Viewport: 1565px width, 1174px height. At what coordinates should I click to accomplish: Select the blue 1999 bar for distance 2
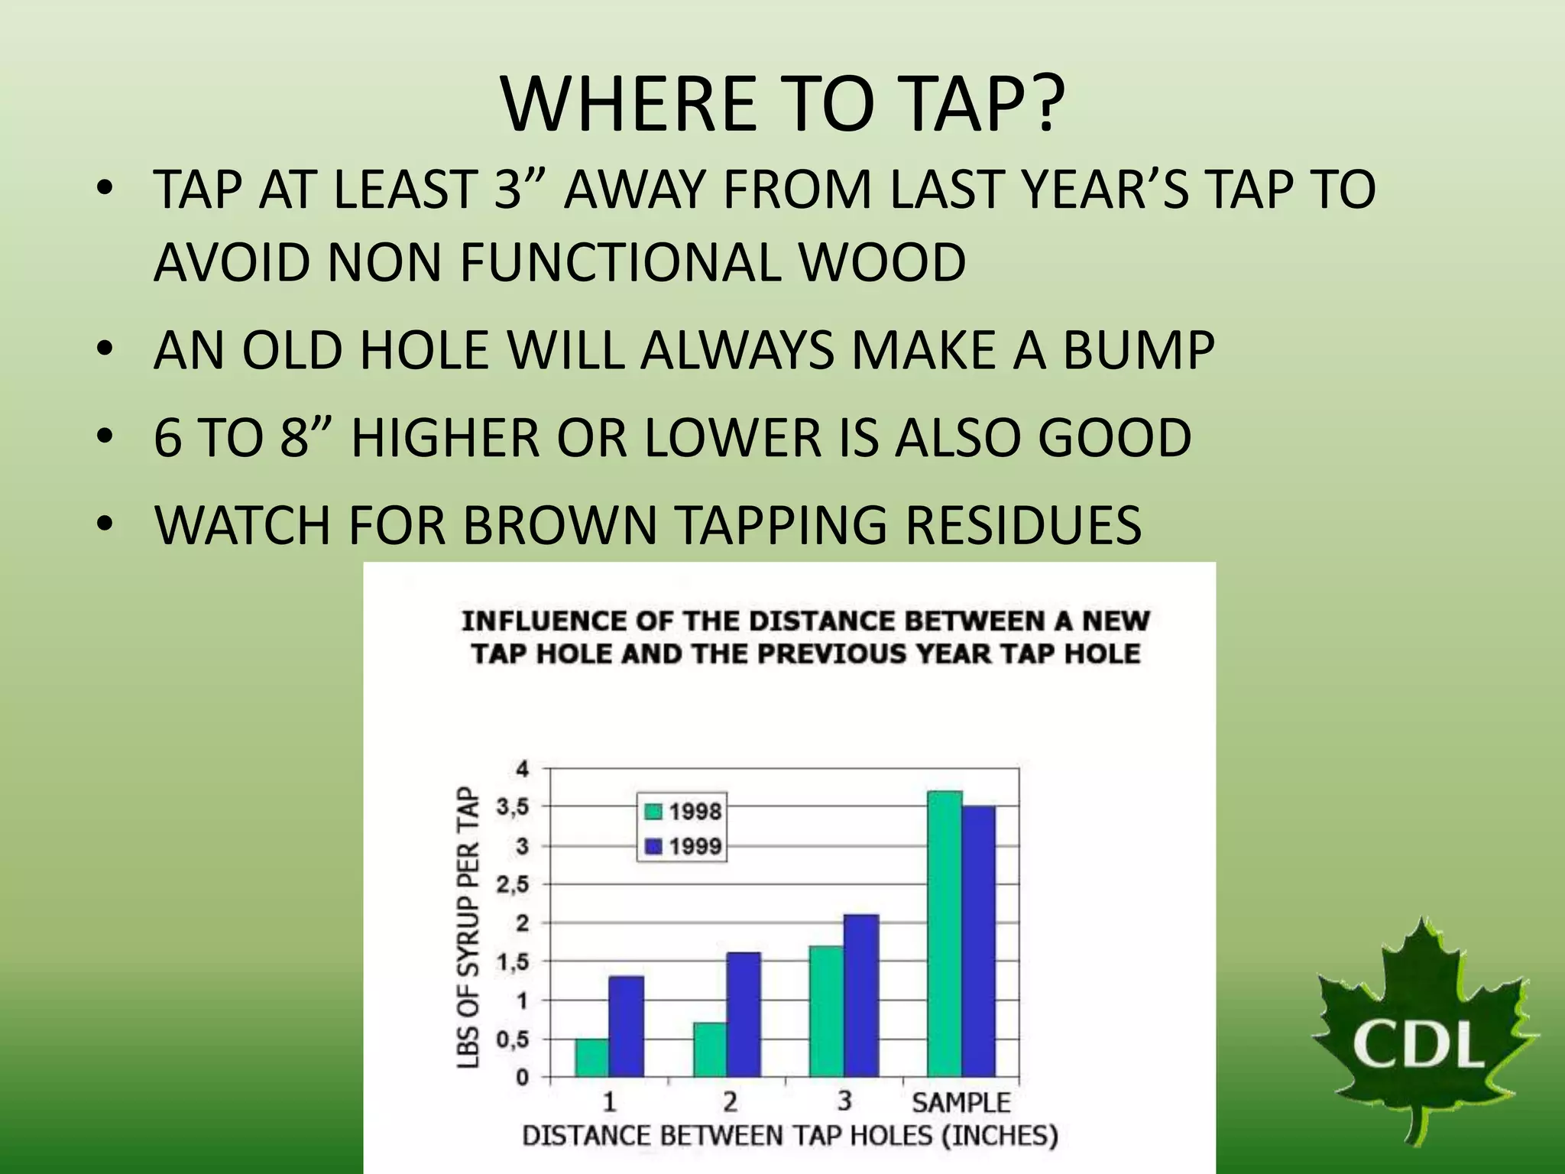[743, 1014]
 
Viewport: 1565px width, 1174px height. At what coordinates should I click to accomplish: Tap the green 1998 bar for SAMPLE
[945, 933]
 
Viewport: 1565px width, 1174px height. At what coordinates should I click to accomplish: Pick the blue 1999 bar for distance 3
[861, 995]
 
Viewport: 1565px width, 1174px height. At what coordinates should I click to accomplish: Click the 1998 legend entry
[683, 812]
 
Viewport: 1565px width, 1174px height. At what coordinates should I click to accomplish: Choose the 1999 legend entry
[683, 846]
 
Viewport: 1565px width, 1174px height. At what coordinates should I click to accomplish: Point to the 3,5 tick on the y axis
[513, 807]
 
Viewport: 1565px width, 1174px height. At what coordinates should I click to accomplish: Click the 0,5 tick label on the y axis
[513, 1039]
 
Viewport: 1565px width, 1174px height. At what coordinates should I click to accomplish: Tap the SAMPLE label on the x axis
[961, 1102]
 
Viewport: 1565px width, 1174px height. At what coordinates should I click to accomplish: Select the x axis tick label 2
[730, 1102]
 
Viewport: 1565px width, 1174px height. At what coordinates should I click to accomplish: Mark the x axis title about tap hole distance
[789, 1136]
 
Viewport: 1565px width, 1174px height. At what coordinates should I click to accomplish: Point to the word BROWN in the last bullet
[559, 525]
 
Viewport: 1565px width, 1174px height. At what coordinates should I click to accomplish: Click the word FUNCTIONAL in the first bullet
[620, 262]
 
